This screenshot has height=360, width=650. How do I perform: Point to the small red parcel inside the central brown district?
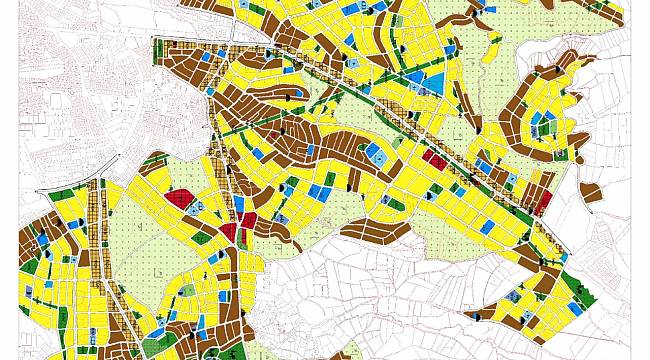point(271,135)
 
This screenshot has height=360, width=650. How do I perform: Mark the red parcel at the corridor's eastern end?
point(543,201)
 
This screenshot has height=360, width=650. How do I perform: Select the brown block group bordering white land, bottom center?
point(380,233)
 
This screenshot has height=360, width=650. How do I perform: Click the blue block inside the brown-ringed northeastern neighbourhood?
point(540,125)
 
